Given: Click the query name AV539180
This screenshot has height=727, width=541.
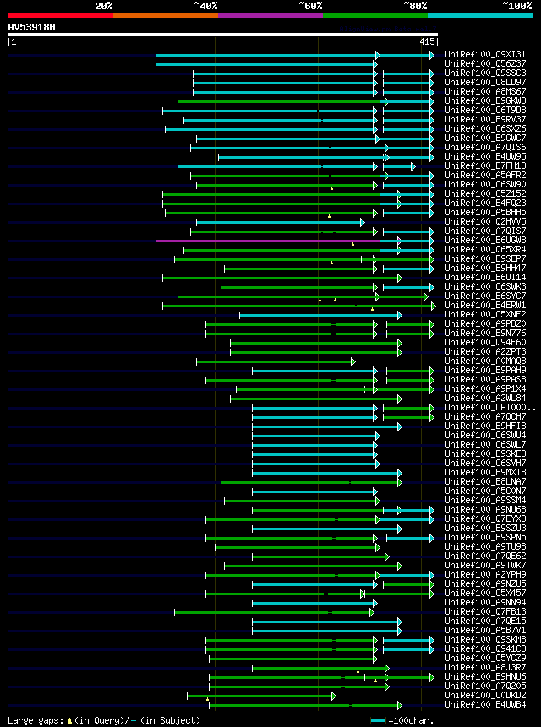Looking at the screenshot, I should coord(32,27).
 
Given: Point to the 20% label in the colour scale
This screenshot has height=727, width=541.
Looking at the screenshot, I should coord(104,5).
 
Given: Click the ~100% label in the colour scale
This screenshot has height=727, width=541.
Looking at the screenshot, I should coord(516,5).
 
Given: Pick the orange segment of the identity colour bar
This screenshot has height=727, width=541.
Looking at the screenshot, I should coord(166,14).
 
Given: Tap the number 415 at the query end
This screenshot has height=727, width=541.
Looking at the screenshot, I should coord(426,41).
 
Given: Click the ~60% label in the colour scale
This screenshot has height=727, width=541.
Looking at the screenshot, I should coord(310,5).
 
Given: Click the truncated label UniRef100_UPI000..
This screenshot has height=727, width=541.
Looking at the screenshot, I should coord(487,408).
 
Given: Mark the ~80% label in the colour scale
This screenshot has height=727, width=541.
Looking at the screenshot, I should coord(415,5).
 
